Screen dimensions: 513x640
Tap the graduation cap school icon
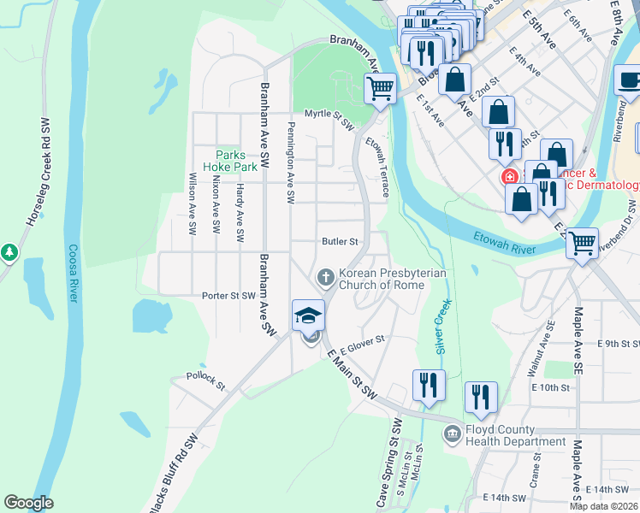[308, 315]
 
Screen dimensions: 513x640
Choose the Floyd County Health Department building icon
[452, 435]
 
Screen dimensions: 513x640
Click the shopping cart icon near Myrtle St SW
[380, 87]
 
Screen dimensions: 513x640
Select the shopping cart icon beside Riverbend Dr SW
[582, 243]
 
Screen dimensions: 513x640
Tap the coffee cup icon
[630, 80]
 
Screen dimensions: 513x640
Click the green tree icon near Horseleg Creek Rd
[9, 252]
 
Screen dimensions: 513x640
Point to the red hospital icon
[509, 177]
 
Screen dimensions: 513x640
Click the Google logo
[28, 503]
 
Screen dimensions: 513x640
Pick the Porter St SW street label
[228, 296]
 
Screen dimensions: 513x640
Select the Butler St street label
[338, 242]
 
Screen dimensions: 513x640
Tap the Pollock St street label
[205, 380]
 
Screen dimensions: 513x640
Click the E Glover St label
[364, 345]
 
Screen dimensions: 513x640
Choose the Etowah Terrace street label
[377, 167]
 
